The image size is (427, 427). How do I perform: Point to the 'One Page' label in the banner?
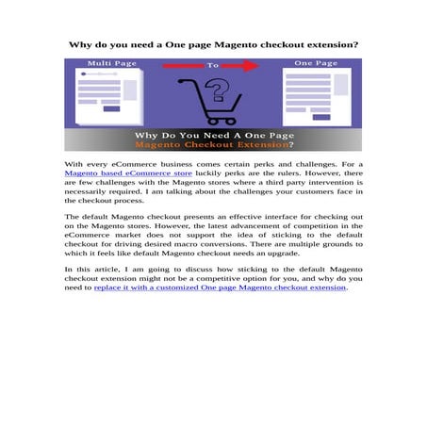(315, 63)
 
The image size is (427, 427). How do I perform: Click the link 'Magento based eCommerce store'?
(128, 173)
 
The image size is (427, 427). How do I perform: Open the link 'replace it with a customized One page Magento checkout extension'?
(221, 287)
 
